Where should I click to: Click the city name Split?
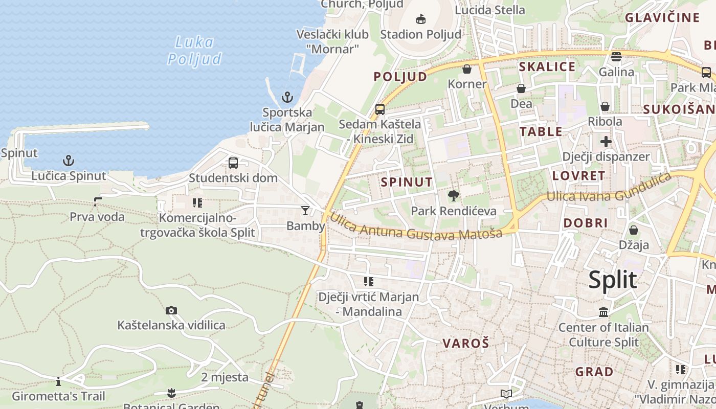[x=613, y=280]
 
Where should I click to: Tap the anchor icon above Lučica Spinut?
[x=69, y=161]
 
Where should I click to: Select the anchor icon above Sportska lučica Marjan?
[x=287, y=97]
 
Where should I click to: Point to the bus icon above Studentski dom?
[x=233, y=163]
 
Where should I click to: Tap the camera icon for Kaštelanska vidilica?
[x=171, y=310]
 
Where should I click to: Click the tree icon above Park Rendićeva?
[x=453, y=195]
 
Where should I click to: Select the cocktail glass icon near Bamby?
[x=305, y=210]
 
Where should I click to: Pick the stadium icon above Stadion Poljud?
[x=420, y=19]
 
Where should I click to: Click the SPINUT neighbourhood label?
[x=407, y=182]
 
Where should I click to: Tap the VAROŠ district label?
[x=466, y=343]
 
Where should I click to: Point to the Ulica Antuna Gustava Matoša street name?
[x=415, y=228]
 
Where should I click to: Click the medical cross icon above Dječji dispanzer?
[x=606, y=141]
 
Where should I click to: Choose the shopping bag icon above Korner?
[x=467, y=69]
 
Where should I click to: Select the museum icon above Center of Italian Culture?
[x=603, y=312]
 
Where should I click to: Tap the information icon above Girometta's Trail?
[x=59, y=381]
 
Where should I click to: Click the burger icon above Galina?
[x=616, y=56]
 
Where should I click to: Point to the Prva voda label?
[x=97, y=217]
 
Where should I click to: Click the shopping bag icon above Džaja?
[x=634, y=230]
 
